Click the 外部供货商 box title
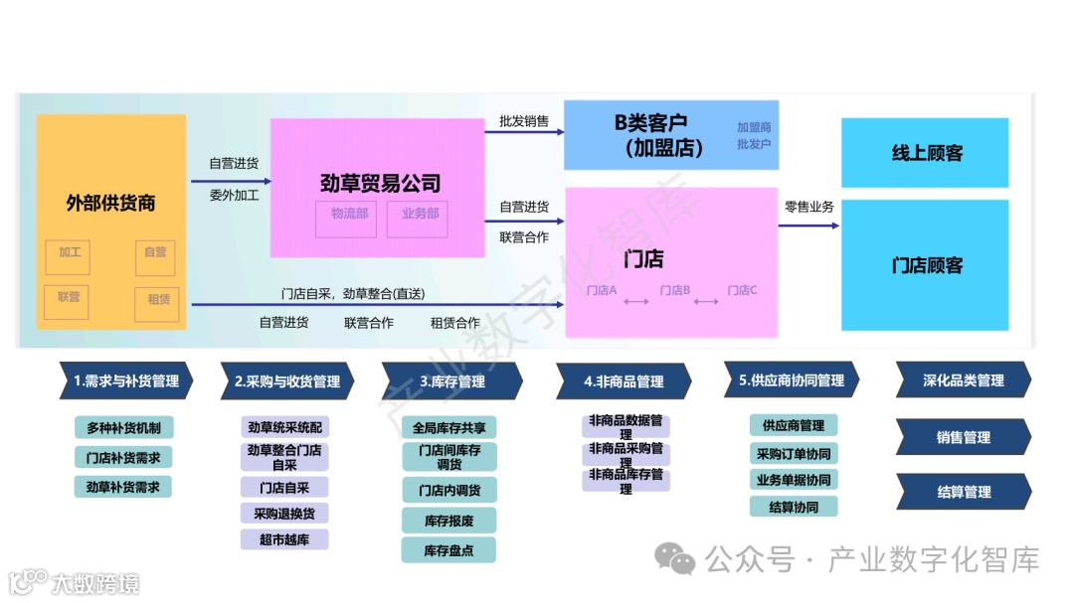point(110,204)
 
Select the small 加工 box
point(69,253)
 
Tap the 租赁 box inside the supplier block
point(158,300)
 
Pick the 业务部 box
point(420,215)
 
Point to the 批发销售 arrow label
point(524,121)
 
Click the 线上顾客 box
point(926,153)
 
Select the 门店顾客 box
point(926,265)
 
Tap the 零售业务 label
point(808,208)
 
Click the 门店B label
point(674,290)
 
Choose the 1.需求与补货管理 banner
point(126,380)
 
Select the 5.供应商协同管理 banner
point(792,380)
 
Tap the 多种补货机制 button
point(123,428)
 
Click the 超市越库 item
point(284,539)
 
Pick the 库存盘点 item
point(448,550)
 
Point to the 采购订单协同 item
point(793,453)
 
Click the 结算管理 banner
point(964,492)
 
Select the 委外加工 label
point(234,196)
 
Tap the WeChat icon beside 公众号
point(681,560)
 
